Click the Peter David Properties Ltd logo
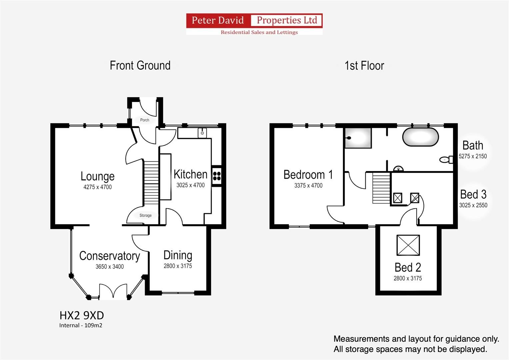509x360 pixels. point(254,24)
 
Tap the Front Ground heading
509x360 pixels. point(140,65)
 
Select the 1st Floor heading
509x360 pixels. point(364,66)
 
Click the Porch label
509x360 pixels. point(145,120)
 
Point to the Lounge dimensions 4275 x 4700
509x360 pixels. point(97,187)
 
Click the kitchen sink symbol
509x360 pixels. point(202,133)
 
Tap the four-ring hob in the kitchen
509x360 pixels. point(216,176)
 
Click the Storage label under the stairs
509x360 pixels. point(145,215)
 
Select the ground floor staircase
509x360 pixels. point(151,183)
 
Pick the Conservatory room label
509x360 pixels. point(109,256)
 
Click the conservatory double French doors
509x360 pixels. point(113,291)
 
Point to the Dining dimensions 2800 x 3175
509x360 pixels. point(178,266)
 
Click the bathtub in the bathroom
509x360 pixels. point(420,137)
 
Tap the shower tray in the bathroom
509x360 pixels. point(358,138)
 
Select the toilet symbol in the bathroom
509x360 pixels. point(446,160)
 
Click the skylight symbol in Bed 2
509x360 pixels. point(408,245)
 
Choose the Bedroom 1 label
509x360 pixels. point(308,175)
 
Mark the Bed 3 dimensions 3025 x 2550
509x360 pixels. point(473,205)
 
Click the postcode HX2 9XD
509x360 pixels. point(82,315)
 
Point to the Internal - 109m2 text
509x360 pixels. point(81,325)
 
